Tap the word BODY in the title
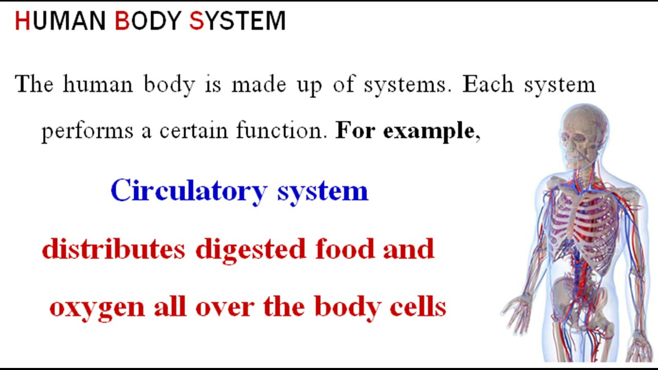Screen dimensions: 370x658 click(148, 21)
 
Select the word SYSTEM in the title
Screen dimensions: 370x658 click(237, 21)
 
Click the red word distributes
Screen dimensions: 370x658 click(113, 249)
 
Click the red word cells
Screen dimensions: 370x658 click(421, 307)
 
